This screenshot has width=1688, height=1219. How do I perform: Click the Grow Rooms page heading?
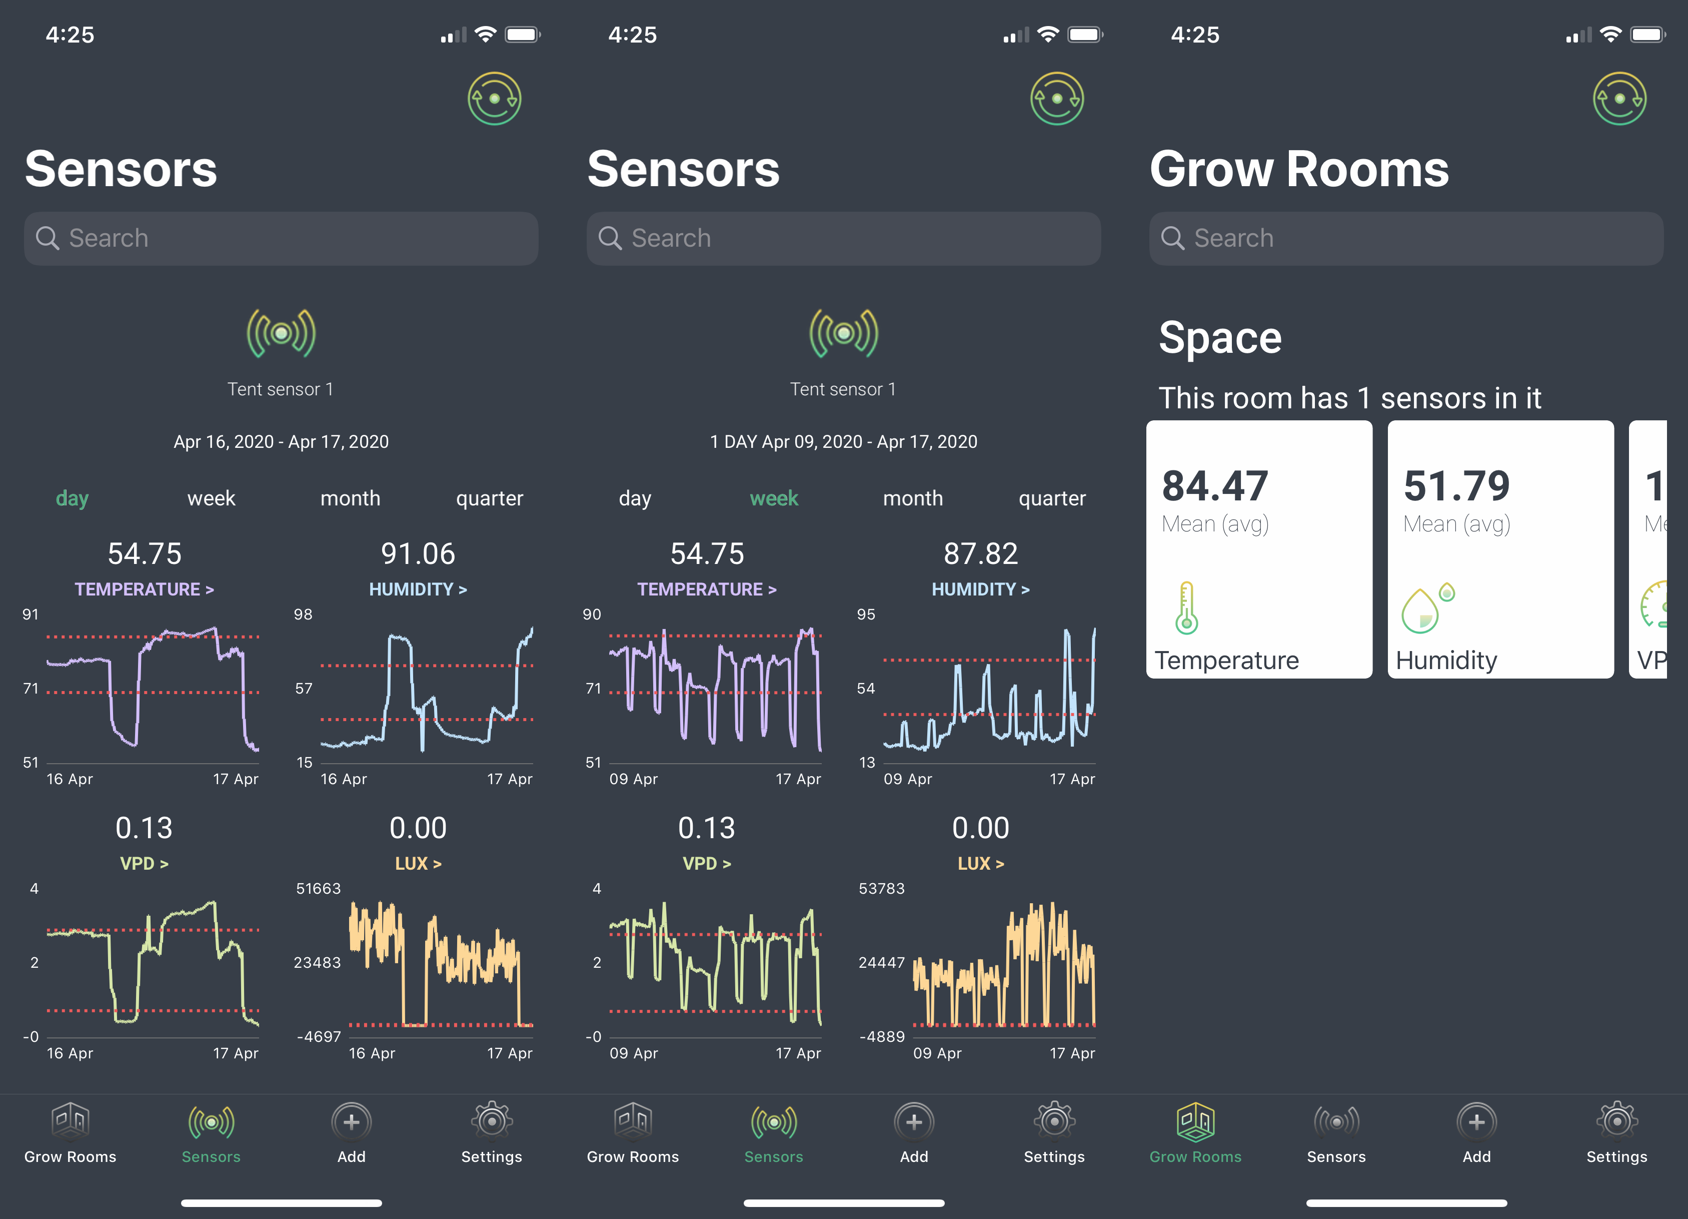click(x=1299, y=169)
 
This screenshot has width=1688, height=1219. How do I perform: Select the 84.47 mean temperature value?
click(x=1215, y=486)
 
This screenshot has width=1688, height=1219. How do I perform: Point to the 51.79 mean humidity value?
click(x=1456, y=486)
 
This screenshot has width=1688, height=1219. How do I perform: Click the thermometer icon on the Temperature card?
click(x=1186, y=607)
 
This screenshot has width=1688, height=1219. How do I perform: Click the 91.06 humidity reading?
click(x=418, y=553)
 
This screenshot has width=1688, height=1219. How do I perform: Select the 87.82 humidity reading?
click(x=980, y=553)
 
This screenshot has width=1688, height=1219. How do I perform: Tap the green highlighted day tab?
click(x=72, y=498)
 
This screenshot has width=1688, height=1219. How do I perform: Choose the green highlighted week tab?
click(x=773, y=498)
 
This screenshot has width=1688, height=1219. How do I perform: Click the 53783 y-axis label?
click(x=881, y=888)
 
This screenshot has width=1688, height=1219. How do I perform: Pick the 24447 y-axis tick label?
click(x=881, y=962)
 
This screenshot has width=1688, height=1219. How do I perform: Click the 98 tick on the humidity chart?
click(x=303, y=615)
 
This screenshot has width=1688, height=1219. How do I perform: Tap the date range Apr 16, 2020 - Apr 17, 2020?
click(x=281, y=441)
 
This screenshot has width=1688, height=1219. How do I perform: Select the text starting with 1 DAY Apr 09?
click(x=843, y=441)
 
